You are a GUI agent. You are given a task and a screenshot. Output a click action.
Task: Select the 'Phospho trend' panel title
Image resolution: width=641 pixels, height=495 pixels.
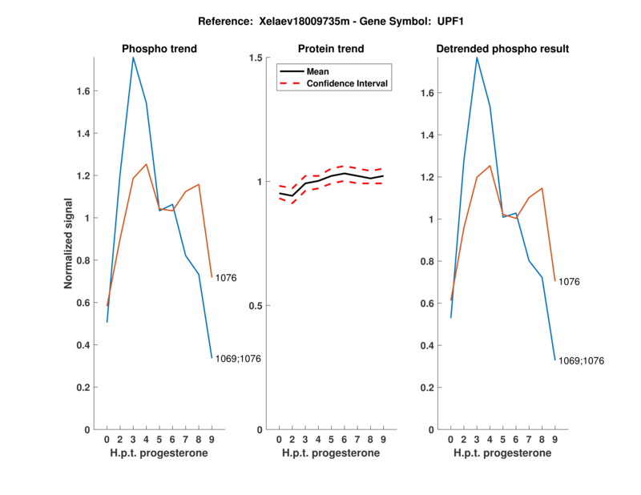[x=159, y=49]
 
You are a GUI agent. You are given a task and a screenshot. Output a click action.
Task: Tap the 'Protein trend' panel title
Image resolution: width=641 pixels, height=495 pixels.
[x=332, y=49]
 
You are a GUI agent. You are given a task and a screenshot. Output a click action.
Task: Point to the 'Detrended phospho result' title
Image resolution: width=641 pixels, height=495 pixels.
[x=502, y=49]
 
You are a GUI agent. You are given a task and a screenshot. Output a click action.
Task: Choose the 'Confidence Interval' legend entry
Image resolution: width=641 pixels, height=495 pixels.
[x=349, y=83]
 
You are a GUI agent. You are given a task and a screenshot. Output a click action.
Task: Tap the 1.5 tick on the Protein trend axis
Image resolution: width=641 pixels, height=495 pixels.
[x=256, y=58]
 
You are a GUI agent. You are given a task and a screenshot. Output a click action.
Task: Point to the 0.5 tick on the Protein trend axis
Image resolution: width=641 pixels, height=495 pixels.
[x=256, y=306]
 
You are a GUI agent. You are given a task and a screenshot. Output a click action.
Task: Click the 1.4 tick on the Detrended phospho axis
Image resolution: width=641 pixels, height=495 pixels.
[x=429, y=135]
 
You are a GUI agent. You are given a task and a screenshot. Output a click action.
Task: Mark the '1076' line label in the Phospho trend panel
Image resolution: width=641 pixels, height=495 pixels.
[x=227, y=279]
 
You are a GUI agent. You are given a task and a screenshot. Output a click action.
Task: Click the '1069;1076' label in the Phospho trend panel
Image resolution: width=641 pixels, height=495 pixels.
[x=238, y=359]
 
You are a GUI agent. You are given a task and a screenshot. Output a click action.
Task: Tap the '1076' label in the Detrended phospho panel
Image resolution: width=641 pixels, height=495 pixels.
[x=569, y=282]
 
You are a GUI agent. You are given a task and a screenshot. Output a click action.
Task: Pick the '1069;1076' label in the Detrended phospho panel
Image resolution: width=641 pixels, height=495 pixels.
[x=581, y=361]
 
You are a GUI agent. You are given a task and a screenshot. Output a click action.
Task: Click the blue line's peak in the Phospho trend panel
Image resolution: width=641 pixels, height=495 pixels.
[x=133, y=58]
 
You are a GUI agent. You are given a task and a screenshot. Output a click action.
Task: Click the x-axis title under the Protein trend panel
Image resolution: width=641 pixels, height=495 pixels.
[x=331, y=453]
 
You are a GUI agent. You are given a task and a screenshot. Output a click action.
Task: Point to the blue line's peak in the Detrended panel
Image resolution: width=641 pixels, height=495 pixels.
[x=477, y=58]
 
